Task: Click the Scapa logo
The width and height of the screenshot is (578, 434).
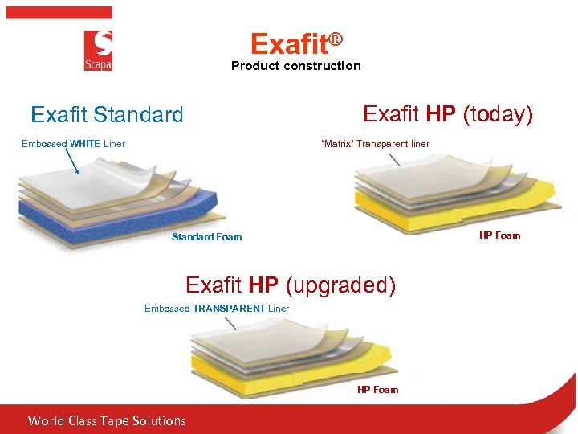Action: point(98,51)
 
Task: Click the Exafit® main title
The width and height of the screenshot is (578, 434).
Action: point(296,43)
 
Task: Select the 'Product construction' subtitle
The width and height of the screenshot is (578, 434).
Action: point(295,66)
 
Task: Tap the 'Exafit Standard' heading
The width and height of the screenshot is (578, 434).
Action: point(107,115)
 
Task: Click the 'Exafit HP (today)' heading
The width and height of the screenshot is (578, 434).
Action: point(447,114)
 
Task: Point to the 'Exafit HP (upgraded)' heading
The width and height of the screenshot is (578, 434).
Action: point(291,285)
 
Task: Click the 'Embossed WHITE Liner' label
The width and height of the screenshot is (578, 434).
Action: point(73,144)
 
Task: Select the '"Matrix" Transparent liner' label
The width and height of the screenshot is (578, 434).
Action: point(375,144)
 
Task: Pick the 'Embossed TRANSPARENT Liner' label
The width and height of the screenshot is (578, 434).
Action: point(217,309)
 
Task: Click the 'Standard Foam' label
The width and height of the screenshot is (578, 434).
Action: point(206,237)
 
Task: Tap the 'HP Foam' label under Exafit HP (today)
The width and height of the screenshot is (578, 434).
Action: point(499,235)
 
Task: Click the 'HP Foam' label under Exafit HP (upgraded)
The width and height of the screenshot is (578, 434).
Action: point(377,390)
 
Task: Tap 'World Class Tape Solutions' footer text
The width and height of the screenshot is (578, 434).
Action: point(107,420)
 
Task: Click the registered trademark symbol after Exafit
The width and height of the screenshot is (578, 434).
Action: point(335,39)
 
